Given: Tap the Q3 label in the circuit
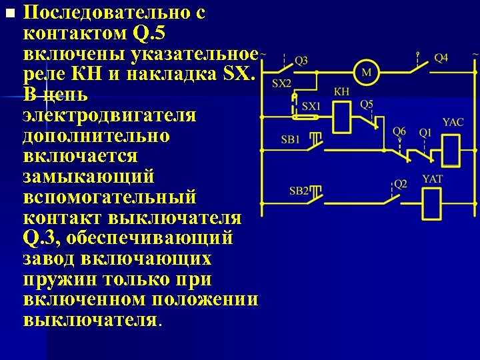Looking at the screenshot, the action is [301, 61].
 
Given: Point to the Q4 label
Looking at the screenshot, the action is [441, 58].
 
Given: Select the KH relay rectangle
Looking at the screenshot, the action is [341, 117].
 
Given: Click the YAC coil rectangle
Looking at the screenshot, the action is [451, 151].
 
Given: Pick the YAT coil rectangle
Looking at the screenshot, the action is [432, 203].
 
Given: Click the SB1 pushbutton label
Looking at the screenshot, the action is [290, 139].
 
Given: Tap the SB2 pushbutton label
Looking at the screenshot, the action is [299, 191].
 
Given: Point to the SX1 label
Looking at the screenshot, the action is [311, 106].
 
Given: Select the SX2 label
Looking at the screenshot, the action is [281, 83].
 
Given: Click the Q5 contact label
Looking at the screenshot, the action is [367, 105].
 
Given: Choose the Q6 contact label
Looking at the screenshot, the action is [399, 131].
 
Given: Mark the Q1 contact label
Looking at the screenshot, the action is [425, 133].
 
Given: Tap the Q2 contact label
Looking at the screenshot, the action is [401, 184].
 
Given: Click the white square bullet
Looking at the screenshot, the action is [11, 13].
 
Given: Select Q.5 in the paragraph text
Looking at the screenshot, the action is [149, 33].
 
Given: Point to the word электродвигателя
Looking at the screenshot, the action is [109, 116].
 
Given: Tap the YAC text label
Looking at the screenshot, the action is [453, 122].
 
